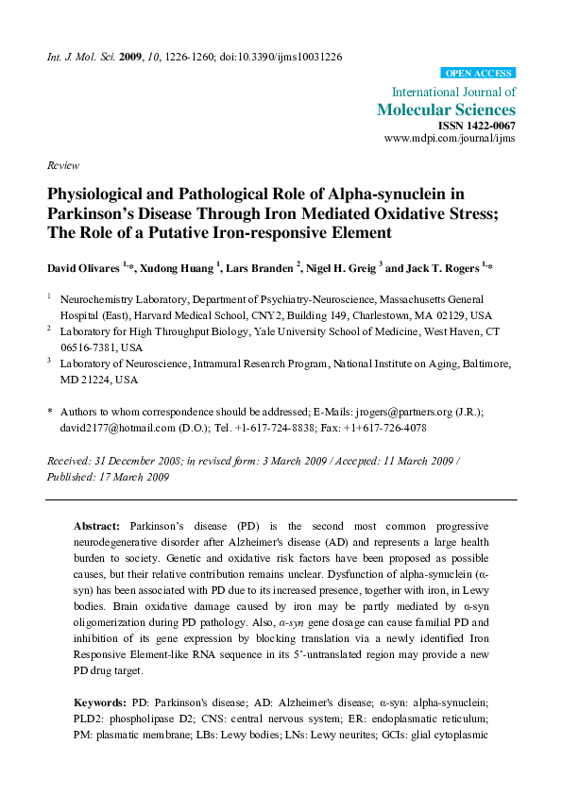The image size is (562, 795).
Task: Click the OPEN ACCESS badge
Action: pyautogui.click(x=479, y=74)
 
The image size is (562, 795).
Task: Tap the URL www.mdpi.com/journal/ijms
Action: pyautogui.click(x=450, y=138)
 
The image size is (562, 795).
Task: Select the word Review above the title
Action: pyautogui.click(x=62, y=164)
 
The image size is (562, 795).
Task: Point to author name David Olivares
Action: pyautogui.click(x=83, y=268)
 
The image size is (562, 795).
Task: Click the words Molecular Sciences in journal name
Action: pyautogui.click(x=447, y=110)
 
